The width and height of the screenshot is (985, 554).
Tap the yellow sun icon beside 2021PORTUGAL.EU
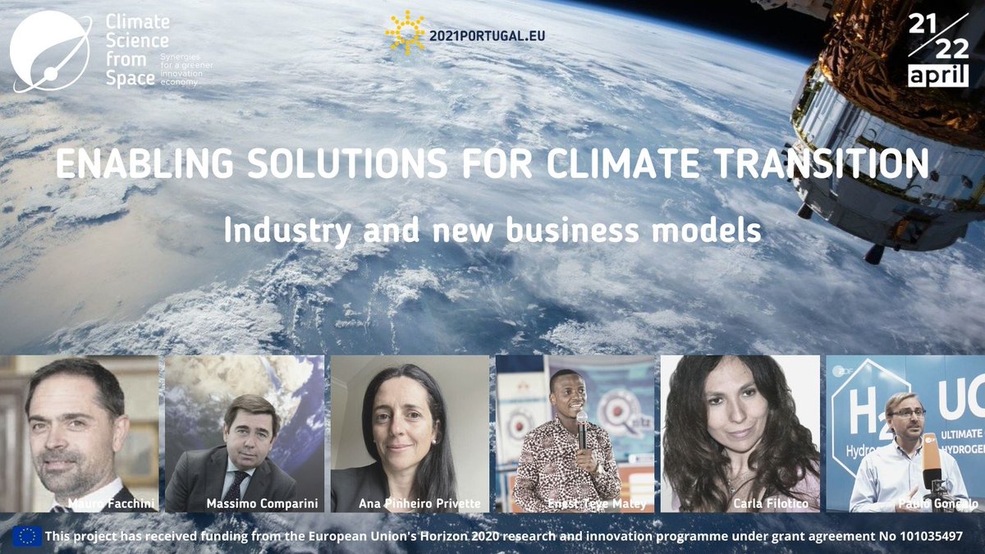click(405, 33)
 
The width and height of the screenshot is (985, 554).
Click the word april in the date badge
click(937, 76)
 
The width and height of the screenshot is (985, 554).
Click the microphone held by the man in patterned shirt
click(582, 427)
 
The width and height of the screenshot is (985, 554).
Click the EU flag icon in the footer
click(26, 536)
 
